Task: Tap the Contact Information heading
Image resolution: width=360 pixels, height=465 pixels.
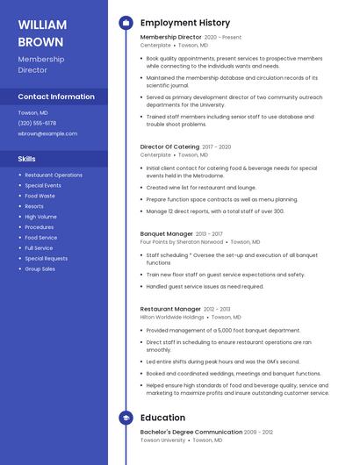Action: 56,97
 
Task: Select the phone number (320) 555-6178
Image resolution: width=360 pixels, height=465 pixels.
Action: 37,123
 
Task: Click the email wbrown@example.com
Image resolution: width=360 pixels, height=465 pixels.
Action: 47,133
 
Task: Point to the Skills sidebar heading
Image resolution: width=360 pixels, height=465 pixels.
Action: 26,159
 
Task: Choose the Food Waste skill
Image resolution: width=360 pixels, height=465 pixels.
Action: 40,196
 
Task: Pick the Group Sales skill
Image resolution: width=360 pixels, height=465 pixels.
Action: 40,268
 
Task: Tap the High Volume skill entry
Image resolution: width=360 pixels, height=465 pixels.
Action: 40,217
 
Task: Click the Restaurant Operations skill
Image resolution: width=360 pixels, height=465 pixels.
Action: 54,175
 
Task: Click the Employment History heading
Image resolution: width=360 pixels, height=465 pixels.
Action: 184,23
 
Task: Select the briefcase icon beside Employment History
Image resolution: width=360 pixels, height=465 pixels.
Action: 126,23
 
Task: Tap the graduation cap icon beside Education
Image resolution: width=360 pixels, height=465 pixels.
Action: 126,418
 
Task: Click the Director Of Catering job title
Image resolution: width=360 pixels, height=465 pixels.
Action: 169,147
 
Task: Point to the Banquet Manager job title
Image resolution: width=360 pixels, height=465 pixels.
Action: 166,234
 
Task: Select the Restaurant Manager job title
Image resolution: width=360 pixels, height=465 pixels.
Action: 170,309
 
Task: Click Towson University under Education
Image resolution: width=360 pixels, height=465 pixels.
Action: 162,440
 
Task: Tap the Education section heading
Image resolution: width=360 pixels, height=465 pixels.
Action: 162,418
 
